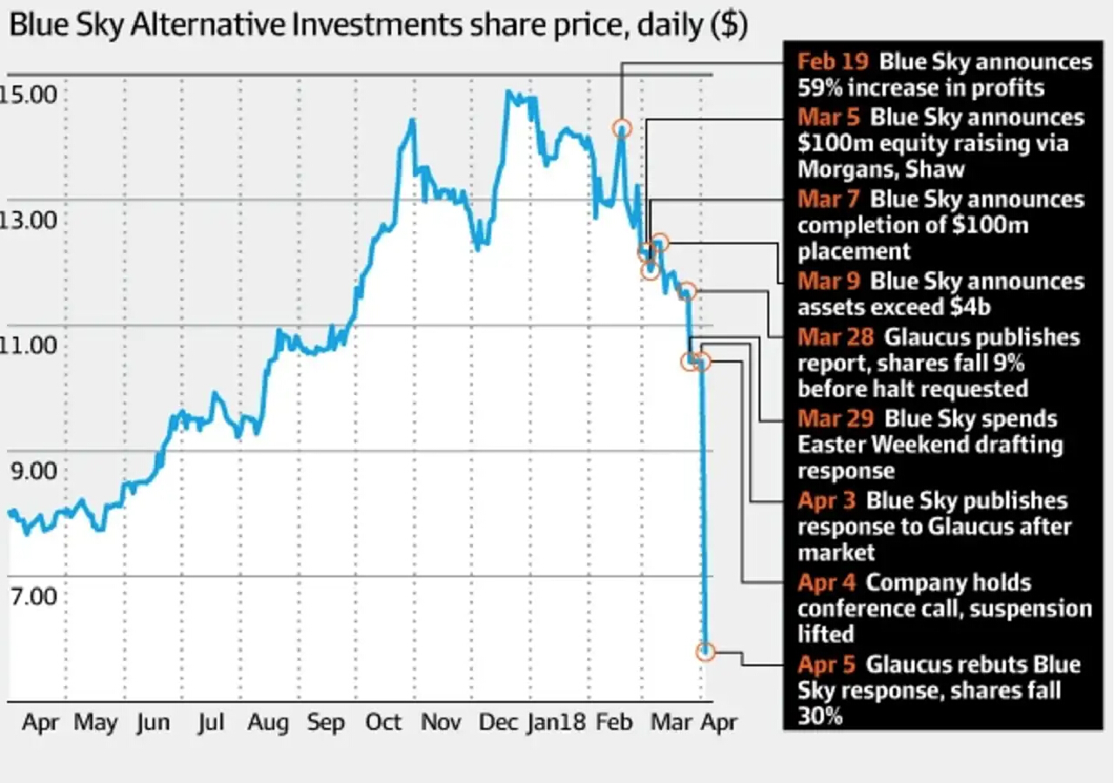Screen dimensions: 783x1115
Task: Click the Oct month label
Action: click(383, 723)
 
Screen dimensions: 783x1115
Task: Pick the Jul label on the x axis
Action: click(212, 723)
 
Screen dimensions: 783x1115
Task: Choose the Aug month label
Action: click(267, 723)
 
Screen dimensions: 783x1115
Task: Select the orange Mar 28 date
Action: click(835, 337)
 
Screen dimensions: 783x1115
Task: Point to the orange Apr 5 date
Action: click(827, 665)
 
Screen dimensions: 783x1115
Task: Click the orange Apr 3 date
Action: click(827, 501)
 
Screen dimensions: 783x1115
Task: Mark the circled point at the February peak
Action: click(621, 128)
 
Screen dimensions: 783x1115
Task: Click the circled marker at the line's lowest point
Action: click(706, 651)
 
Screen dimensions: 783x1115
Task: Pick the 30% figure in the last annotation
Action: click(820, 718)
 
